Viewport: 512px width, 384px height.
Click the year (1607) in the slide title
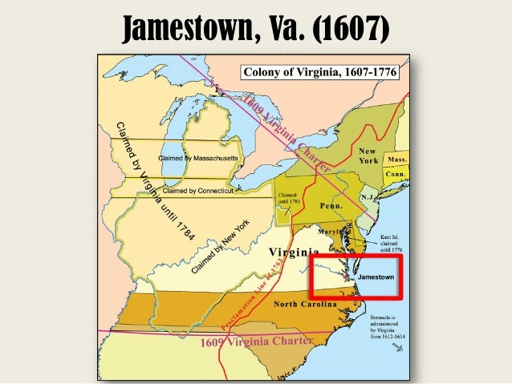(x=350, y=30)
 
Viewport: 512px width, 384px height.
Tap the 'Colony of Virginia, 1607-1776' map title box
(x=320, y=72)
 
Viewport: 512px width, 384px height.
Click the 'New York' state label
(x=368, y=156)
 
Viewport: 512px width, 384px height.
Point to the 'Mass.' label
(x=397, y=160)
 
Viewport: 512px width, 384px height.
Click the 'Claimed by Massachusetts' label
(x=198, y=158)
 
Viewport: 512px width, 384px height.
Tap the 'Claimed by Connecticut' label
(x=197, y=191)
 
